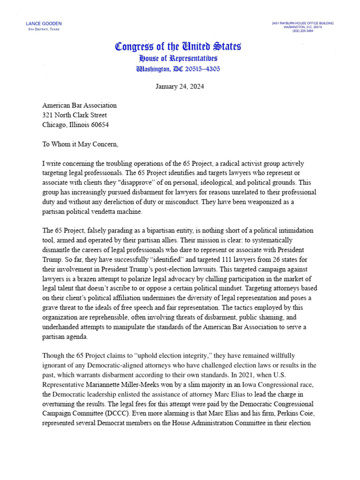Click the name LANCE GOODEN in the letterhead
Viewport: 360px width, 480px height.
coord(44,23)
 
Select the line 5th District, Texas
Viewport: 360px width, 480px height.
coord(44,29)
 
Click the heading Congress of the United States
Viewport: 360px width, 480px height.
coord(178,46)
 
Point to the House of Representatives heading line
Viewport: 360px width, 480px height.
coord(178,59)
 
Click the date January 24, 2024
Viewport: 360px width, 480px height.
coord(180,87)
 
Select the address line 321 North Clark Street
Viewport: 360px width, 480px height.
coord(75,115)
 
